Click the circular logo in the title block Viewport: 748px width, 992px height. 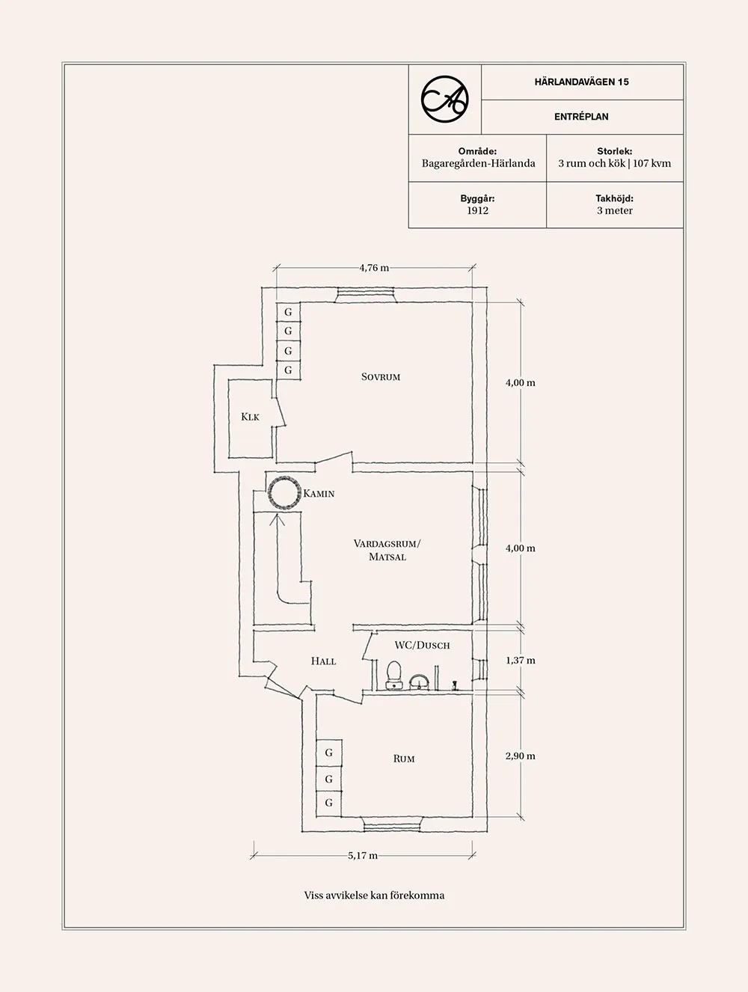tap(444, 99)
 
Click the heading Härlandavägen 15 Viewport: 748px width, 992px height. tap(581, 82)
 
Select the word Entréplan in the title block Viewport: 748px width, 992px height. tap(581, 117)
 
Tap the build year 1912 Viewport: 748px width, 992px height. tap(477, 211)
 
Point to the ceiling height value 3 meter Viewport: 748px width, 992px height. tap(614, 211)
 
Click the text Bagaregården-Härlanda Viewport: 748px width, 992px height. tap(478, 164)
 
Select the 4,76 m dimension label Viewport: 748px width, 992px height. tap(374, 268)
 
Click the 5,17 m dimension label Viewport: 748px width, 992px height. tap(363, 855)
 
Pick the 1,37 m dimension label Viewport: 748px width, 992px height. tap(520, 661)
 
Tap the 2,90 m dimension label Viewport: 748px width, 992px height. tap(520, 756)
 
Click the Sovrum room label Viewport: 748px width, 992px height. tap(381, 377)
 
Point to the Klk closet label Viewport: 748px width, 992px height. tap(250, 417)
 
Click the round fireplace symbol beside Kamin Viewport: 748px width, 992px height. tap(284, 494)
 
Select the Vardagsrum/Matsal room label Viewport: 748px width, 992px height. tap(387, 551)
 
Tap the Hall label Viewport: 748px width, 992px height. tap(323, 661)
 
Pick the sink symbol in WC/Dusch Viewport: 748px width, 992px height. tap(420, 681)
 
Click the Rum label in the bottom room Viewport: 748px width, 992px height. tap(404, 759)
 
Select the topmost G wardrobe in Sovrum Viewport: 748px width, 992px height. tap(288, 312)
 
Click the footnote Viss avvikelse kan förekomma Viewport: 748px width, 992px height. tap(374, 895)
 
